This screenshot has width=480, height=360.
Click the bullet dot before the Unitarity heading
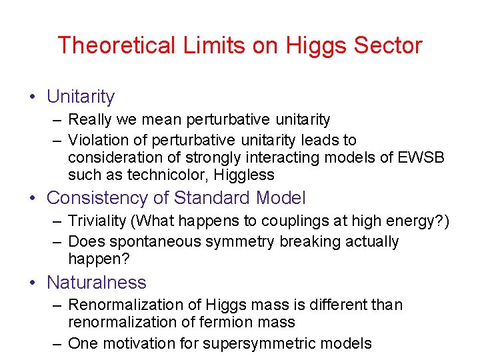pyautogui.click(x=33, y=97)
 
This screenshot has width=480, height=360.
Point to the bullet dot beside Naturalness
pyautogui.click(x=33, y=283)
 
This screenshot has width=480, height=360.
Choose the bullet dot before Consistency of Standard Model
pyautogui.click(x=33, y=199)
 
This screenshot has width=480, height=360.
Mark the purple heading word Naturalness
pyautogui.click(x=97, y=282)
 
